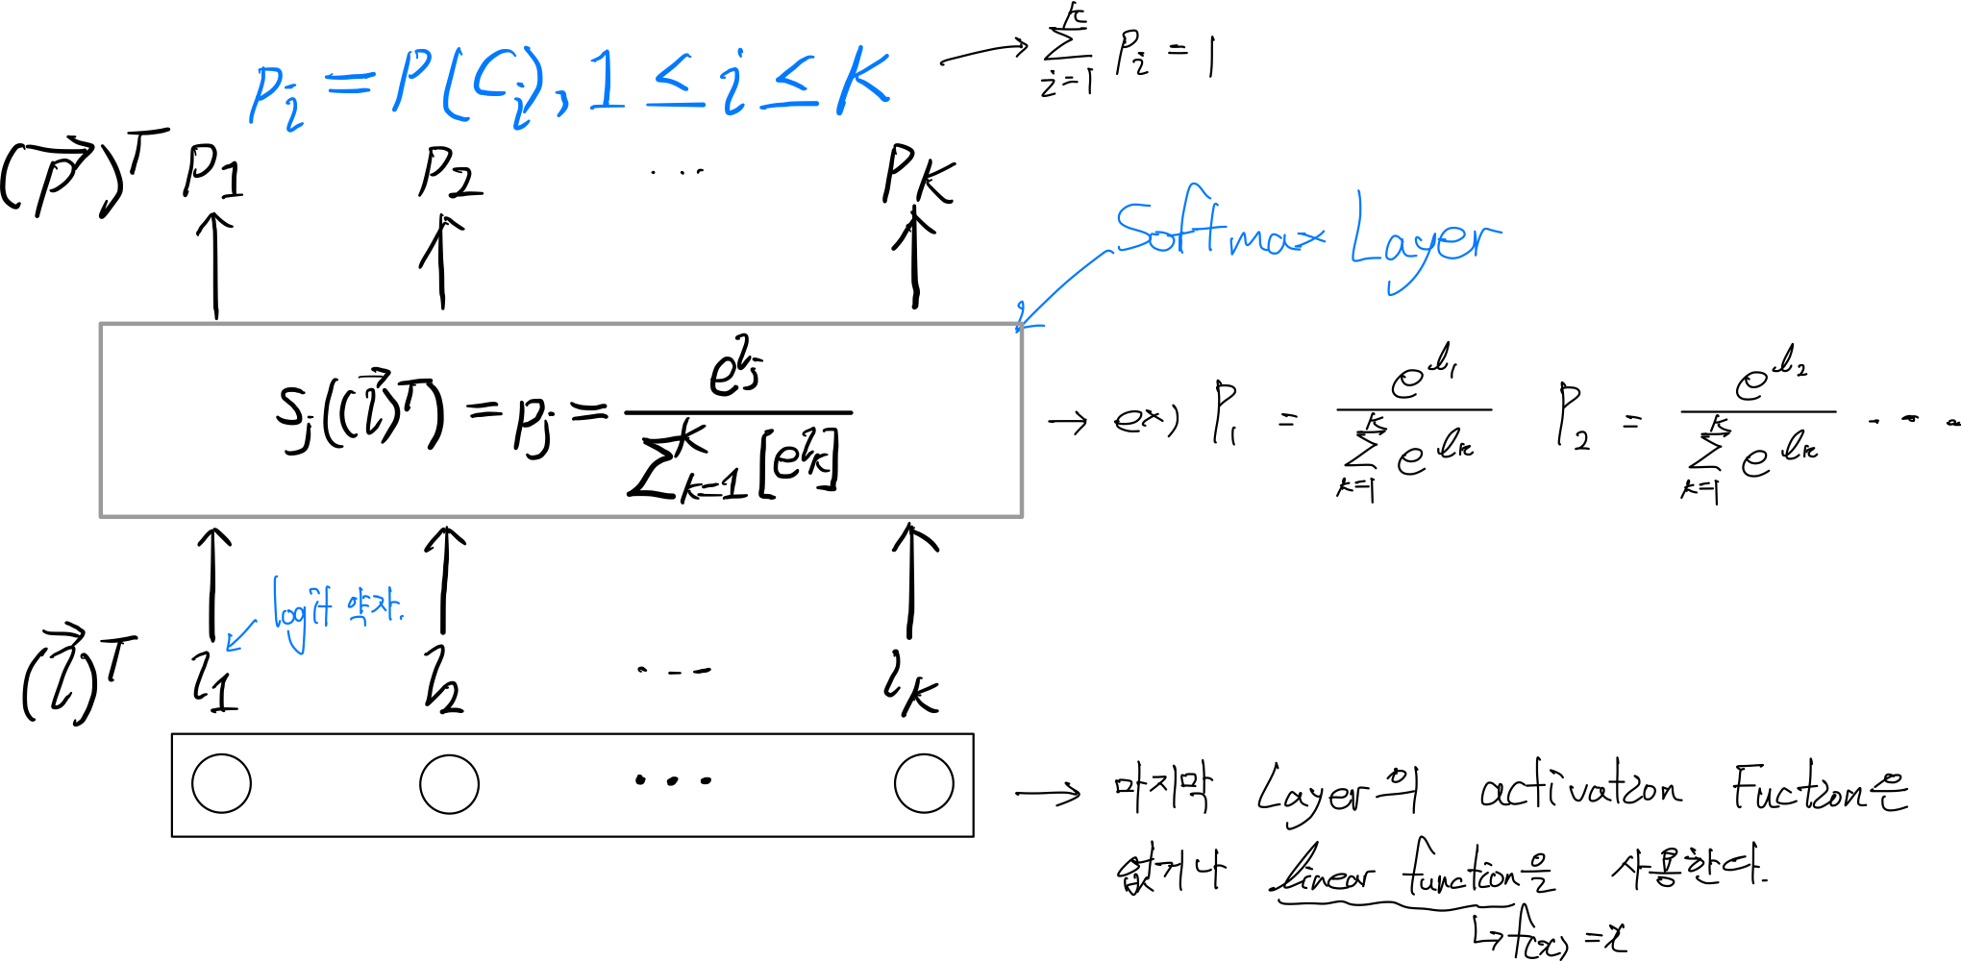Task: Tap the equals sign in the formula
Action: point(348,85)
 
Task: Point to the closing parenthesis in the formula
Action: point(534,82)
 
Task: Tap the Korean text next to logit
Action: point(375,607)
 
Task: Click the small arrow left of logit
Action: point(240,636)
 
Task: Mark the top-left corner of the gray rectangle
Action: point(101,324)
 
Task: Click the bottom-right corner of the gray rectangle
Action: point(1022,516)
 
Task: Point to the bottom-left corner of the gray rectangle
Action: point(101,516)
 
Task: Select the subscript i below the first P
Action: point(293,115)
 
